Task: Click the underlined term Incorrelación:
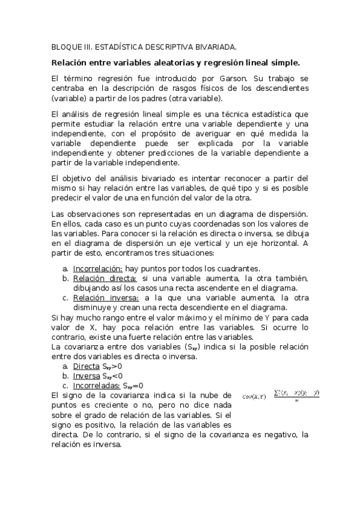click(x=98, y=268)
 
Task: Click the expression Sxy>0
click(x=112, y=366)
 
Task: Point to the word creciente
click(x=98, y=405)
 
